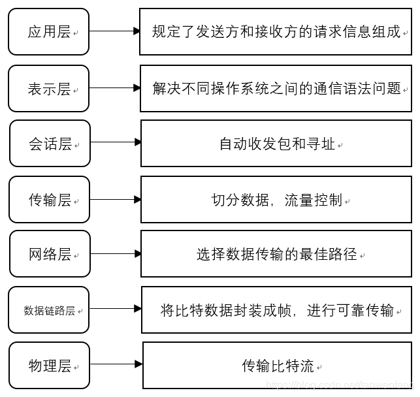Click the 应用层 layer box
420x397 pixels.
coord(49,31)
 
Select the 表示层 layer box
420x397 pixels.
coord(49,88)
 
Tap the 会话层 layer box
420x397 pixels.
coord(50,143)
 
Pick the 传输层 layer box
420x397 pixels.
coord(49,199)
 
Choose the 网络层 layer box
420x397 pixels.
coord(50,253)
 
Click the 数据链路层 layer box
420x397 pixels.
coord(49,310)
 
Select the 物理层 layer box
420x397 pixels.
coord(49,365)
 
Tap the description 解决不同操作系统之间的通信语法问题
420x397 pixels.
coord(276,88)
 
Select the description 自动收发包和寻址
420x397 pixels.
coord(276,143)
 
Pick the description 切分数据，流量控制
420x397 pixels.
coord(276,199)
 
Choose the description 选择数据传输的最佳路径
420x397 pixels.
coord(276,253)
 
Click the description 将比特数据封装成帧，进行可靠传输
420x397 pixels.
coord(277,310)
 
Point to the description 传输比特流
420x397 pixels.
coord(278,365)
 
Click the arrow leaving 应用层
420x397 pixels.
coord(114,31)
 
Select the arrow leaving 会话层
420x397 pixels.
coord(116,142)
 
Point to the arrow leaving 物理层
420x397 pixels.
coord(116,364)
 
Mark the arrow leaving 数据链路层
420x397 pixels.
coord(116,308)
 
